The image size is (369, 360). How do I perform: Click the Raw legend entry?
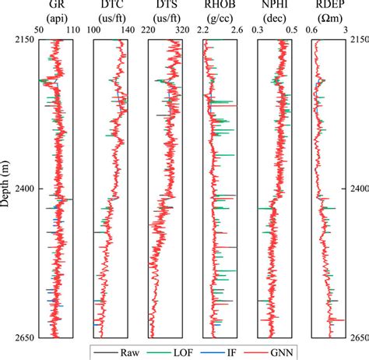click(132, 352)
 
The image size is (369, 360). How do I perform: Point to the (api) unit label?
click(55, 18)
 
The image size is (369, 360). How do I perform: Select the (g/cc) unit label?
click(218, 18)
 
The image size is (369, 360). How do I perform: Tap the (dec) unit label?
click(273, 18)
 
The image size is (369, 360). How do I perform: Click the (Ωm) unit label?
click(328, 18)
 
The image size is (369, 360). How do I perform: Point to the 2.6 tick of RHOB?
click(236, 30)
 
